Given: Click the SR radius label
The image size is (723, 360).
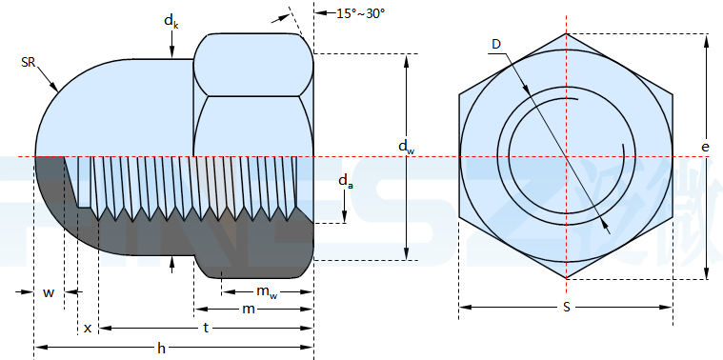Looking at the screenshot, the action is pyautogui.click(x=29, y=62).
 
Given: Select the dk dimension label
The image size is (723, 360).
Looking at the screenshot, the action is pyautogui.click(x=171, y=21).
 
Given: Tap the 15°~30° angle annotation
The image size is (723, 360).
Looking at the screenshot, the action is pyautogui.click(x=360, y=13).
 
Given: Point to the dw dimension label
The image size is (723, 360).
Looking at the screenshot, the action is pyautogui.click(x=405, y=147).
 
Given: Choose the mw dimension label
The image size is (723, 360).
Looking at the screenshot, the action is pyautogui.click(x=267, y=291).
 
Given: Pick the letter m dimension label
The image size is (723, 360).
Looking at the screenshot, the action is pyautogui.click(x=249, y=309).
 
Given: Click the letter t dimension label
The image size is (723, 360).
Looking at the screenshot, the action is pyautogui.click(x=206, y=328).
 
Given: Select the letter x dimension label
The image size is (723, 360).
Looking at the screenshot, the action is pyautogui.click(x=88, y=329).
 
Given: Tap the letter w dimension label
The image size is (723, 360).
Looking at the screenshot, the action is pyautogui.click(x=49, y=292).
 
